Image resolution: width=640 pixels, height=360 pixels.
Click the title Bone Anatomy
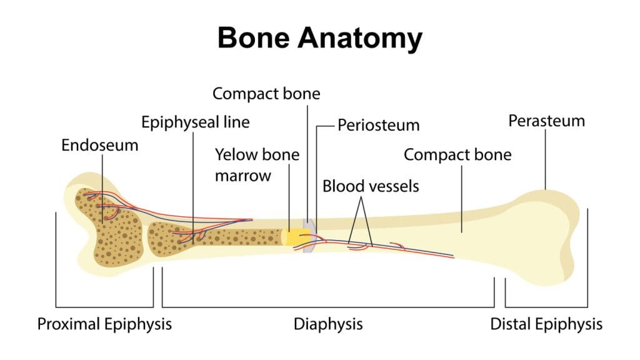pos(319,39)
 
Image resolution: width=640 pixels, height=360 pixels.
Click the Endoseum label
pos(99,145)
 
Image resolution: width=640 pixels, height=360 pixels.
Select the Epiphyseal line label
pos(195,121)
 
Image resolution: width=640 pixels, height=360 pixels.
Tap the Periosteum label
pos(378,125)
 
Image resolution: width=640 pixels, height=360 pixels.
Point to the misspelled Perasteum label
pos(546,120)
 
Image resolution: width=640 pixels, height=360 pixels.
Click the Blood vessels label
pos(371,186)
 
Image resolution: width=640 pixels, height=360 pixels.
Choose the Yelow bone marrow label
pos(257,164)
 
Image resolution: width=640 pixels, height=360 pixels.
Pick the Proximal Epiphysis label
pos(104,324)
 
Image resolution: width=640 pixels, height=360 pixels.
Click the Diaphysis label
pos(327,324)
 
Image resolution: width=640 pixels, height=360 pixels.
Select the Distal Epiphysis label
pos(546,324)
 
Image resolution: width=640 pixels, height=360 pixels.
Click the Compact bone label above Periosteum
pos(266,94)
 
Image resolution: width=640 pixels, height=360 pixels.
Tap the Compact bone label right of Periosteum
pos(457,154)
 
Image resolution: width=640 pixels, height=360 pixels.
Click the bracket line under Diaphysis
pos(327,307)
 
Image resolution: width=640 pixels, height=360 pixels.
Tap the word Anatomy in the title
pos(360,39)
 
